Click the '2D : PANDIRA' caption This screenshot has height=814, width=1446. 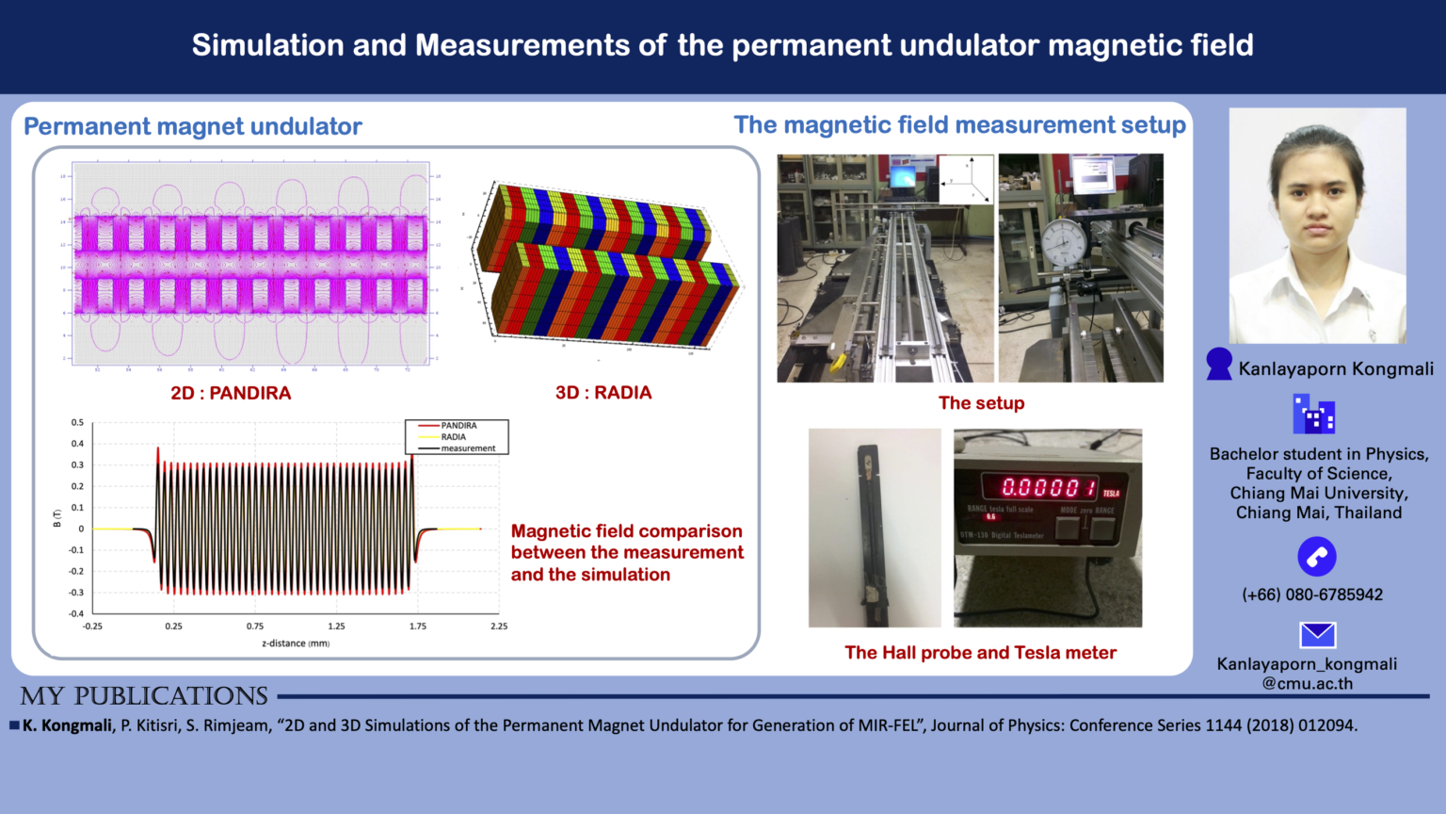point(231,393)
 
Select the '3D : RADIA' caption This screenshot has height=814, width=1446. point(603,393)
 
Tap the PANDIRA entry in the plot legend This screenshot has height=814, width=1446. point(458,426)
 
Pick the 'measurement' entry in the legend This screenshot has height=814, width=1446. point(468,448)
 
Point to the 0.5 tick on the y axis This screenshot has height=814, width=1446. point(77,423)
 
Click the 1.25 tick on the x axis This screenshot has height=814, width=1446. point(336,627)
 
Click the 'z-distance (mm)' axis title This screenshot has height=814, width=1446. point(296,643)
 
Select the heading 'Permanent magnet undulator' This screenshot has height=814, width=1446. point(193,126)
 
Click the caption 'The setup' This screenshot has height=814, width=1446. point(981,403)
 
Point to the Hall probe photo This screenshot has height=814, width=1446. point(875,528)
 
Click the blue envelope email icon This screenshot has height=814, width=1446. point(1317,635)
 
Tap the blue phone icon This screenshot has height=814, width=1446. point(1316,557)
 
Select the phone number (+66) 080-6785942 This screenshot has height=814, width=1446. point(1312,594)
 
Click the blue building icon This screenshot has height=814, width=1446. point(1313,415)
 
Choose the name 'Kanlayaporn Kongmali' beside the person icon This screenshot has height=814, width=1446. point(1336,369)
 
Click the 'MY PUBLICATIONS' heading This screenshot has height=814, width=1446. point(144,696)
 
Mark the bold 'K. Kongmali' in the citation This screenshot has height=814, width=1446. point(67,725)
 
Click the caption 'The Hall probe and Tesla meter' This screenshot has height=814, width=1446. point(980,653)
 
